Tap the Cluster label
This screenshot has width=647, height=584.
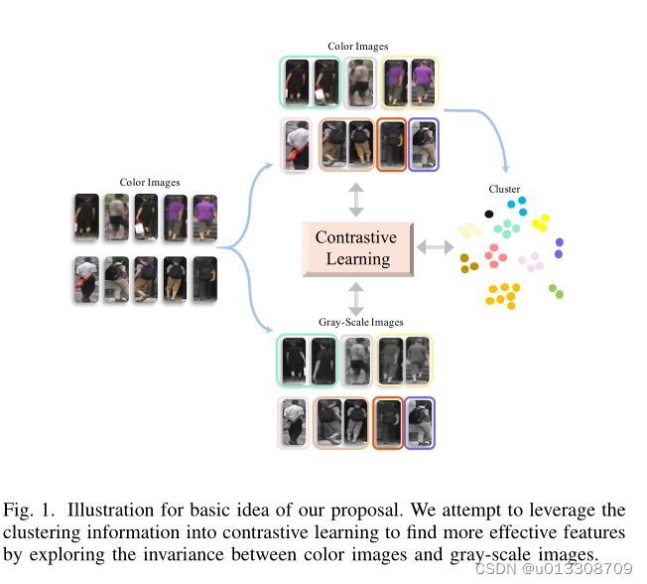(504, 189)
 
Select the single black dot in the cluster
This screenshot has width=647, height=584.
(488, 214)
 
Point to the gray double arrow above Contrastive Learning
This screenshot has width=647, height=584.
(356, 199)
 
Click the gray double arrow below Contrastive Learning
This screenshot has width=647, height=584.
(356, 299)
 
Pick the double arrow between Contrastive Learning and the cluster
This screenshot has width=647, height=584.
(434, 246)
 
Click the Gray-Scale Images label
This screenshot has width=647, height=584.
(360, 322)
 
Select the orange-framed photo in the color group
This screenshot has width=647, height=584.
(391, 145)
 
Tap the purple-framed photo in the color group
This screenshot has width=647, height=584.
(423, 145)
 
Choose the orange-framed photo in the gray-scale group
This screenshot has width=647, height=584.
(389, 423)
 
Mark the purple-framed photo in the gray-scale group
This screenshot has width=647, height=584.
(420, 423)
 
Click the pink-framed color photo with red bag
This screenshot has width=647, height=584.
(296, 145)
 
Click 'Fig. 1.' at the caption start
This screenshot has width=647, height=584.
(27, 511)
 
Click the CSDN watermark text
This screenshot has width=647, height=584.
(554, 569)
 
